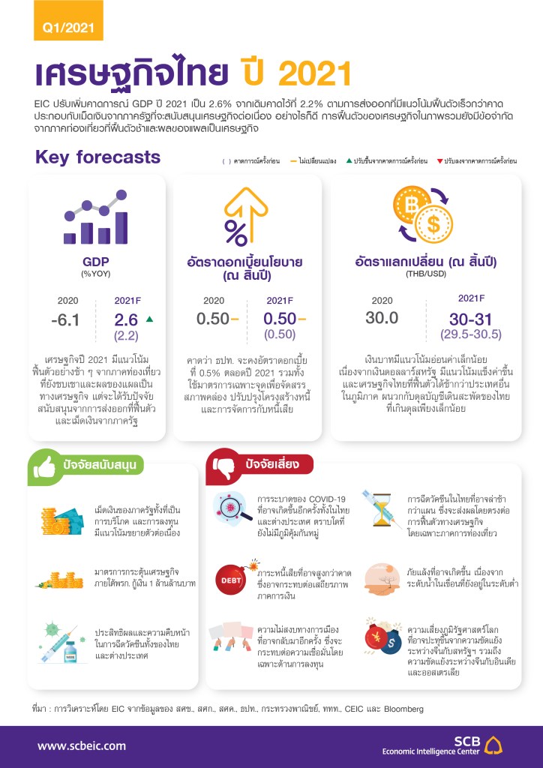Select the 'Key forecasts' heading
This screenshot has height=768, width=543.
97,157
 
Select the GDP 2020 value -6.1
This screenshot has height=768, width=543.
65,320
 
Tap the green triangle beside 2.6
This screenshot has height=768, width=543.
149,319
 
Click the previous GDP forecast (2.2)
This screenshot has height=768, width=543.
127,334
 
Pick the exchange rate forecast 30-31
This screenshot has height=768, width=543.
471,318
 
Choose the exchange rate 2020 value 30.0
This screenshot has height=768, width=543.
382,317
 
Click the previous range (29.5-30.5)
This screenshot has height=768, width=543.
471,334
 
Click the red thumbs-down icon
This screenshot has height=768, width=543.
226,465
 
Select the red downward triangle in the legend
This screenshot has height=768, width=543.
439,161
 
